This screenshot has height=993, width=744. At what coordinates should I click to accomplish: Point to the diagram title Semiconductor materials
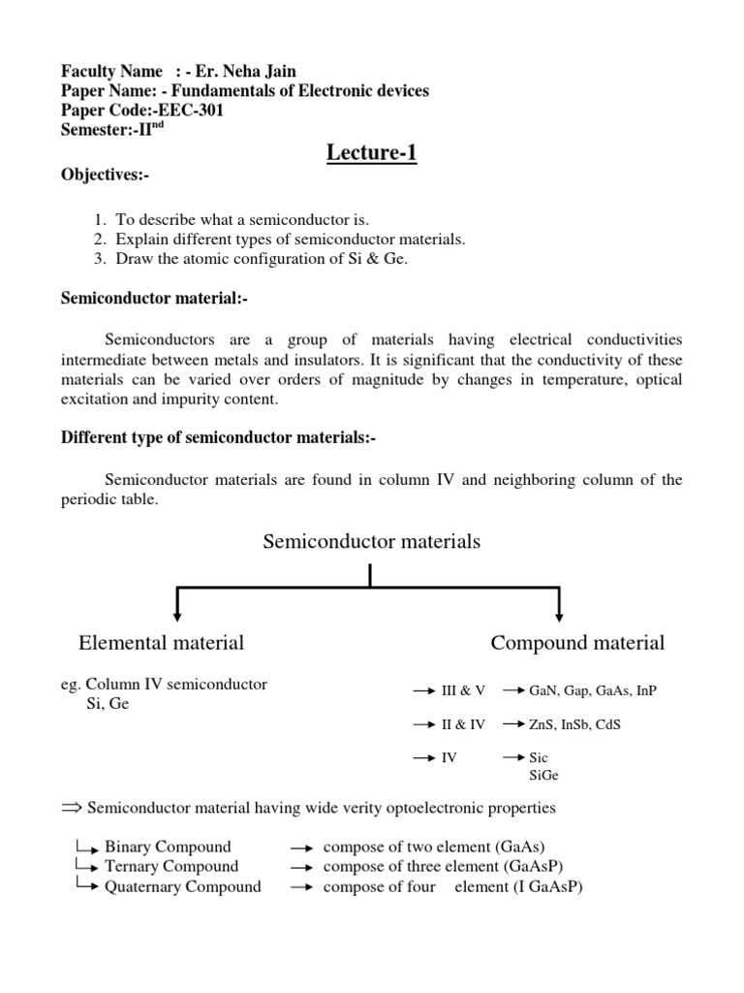371,542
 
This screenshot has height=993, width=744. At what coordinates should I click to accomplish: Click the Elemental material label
161,642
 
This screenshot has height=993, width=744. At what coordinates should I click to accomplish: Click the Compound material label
577,642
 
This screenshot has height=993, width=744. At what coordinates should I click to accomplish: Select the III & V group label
463,690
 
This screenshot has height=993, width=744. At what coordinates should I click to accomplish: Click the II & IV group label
463,724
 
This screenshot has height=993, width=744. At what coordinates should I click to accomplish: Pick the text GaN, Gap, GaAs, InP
593,690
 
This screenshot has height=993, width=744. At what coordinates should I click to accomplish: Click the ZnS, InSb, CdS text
577,724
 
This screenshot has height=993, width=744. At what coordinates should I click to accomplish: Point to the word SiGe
544,776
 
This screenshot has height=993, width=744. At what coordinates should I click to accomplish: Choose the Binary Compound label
168,847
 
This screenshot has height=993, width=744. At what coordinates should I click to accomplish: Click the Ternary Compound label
170,866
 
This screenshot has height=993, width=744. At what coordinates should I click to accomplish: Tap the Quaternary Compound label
182,886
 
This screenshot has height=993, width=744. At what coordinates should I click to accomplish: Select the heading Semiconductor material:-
155,301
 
